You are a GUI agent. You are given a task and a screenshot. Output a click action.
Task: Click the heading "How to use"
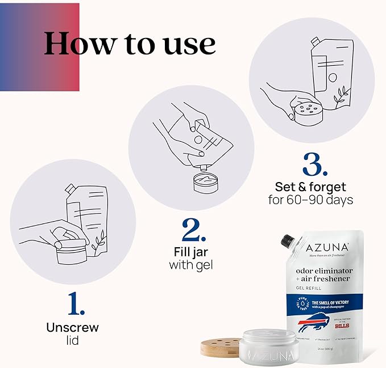pyautogui.click(x=130, y=43)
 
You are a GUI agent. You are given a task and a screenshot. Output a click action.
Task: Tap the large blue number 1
pyautogui.click(x=76, y=304)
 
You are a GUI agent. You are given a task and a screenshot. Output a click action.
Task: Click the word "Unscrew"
pyautogui.click(x=72, y=327)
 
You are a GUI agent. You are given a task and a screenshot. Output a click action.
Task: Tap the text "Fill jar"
pyautogui.click(x=190, y=251)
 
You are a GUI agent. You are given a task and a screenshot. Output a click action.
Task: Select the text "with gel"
pyautogui.click(x=190, y=264)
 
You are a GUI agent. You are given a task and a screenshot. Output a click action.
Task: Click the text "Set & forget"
pyautogui.click(x=310, y=186)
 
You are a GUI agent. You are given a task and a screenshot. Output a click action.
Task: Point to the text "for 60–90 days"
pyautogui.click(x=310, y=200)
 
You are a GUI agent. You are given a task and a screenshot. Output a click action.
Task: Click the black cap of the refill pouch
pyautogui.click(x=287, y=242)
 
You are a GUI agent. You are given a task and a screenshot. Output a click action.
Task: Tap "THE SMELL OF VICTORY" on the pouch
pyautogui.click(x=330, y=303)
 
